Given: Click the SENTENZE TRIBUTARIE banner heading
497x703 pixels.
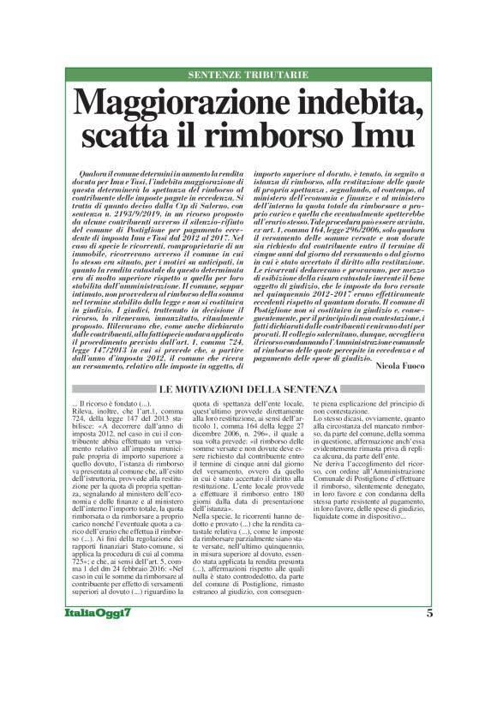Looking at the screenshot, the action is (x=248, y=75).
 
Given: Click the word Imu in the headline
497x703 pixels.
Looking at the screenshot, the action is (x=385, y=136).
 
